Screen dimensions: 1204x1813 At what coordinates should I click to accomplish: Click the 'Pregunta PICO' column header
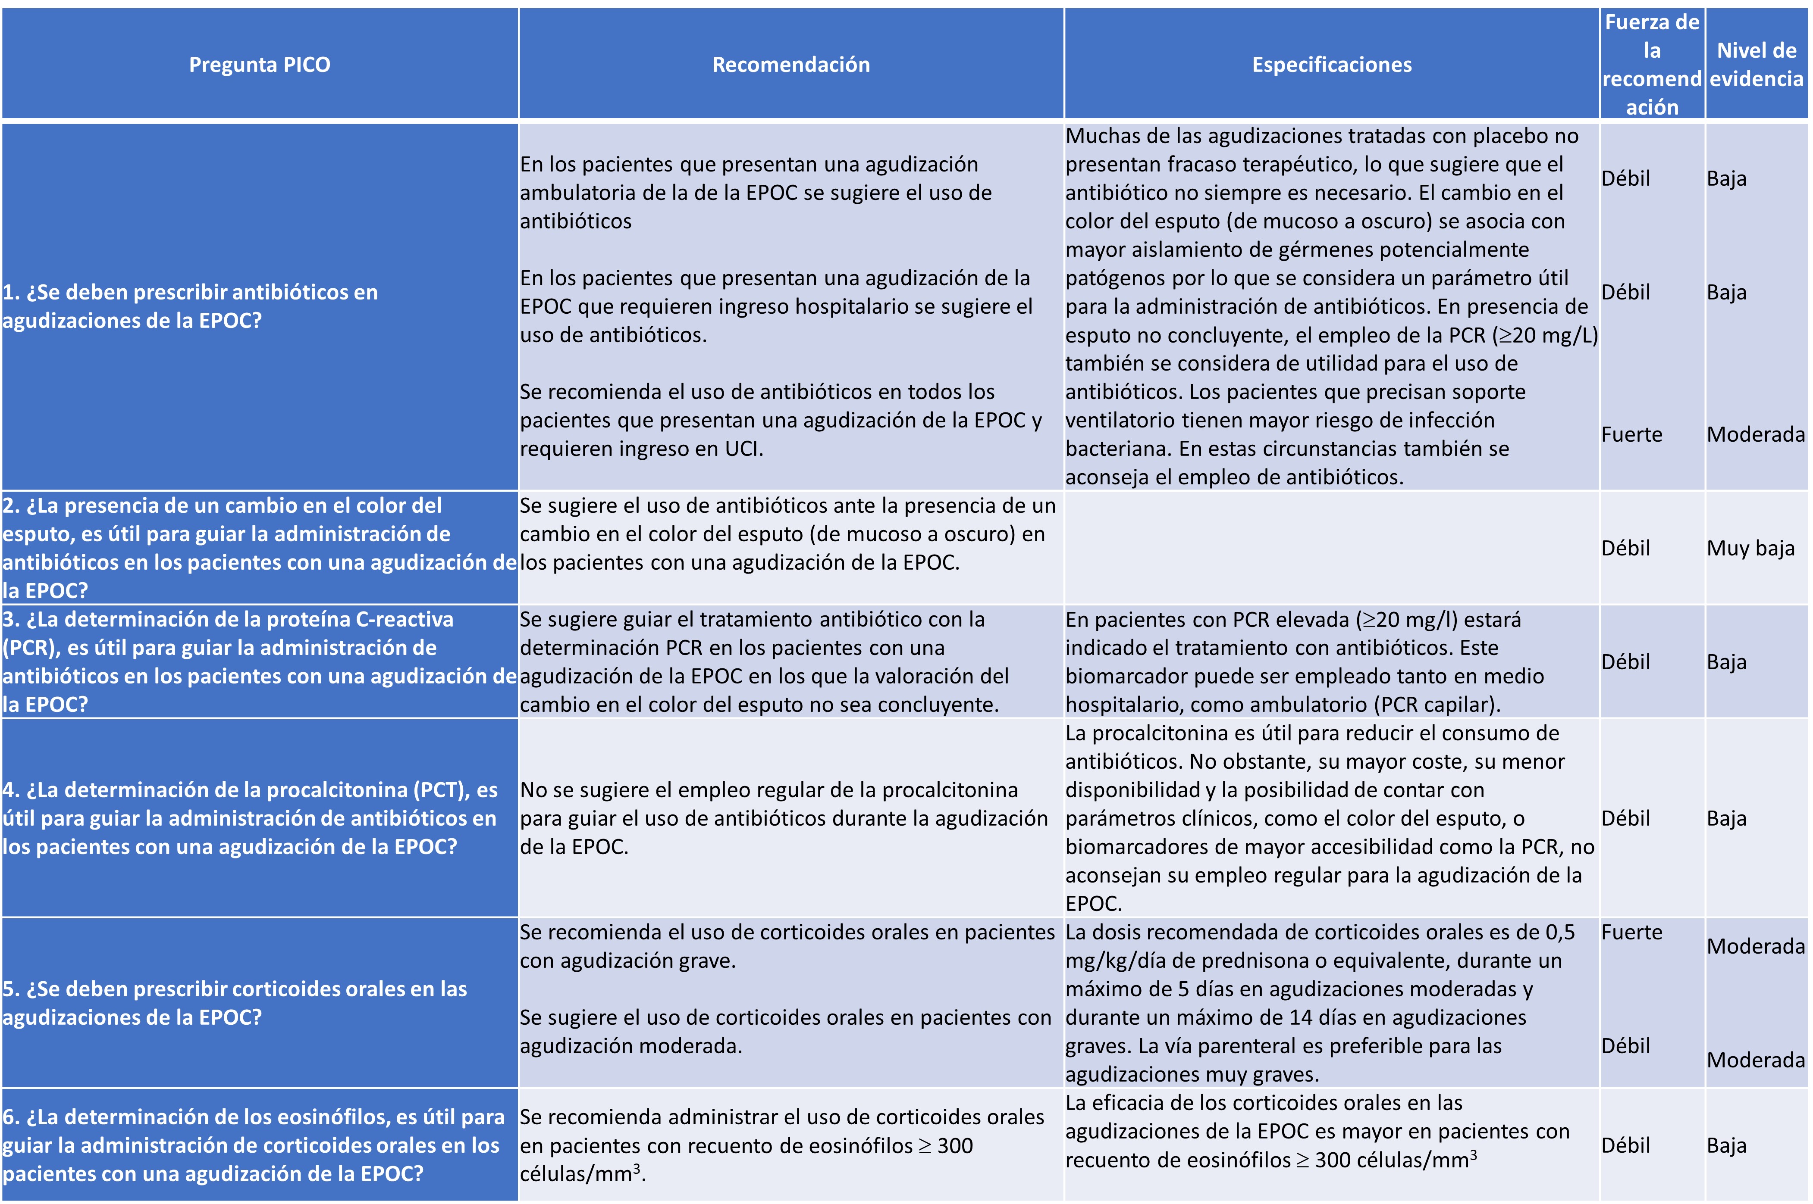coord(260,65)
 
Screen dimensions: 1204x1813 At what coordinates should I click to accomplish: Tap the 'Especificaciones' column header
coord(1331,65)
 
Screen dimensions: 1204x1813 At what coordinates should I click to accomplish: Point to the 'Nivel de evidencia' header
coord(1756,65)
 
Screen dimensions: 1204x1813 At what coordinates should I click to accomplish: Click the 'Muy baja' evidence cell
coord(1750,548)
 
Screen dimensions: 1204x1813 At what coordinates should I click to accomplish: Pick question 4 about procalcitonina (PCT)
coord(250,818)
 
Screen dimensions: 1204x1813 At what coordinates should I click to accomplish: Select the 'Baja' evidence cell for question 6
coord(1726,1146)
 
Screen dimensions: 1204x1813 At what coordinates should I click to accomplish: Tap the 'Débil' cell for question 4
coord(1625,818)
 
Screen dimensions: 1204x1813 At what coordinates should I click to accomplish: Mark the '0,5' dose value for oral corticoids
coord(1559,932)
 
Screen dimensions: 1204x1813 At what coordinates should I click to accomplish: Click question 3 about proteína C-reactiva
coord(259,662)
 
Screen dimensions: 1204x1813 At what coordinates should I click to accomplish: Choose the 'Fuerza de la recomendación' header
coord(1652,65)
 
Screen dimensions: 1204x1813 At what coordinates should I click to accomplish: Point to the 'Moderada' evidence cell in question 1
coord(1755,435)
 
